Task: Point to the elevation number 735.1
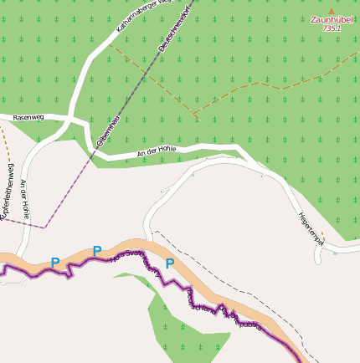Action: click(x=331, y=28)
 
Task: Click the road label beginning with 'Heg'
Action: click(x=311, y=227)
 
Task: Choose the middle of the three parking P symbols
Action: click(x=97, y=250)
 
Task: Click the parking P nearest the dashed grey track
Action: click(x=170, y=263)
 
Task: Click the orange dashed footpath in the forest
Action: click(x=251, y=89)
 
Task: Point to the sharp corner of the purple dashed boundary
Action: click(x=46, y=227)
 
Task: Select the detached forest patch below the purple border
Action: click(x=184, y=330)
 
